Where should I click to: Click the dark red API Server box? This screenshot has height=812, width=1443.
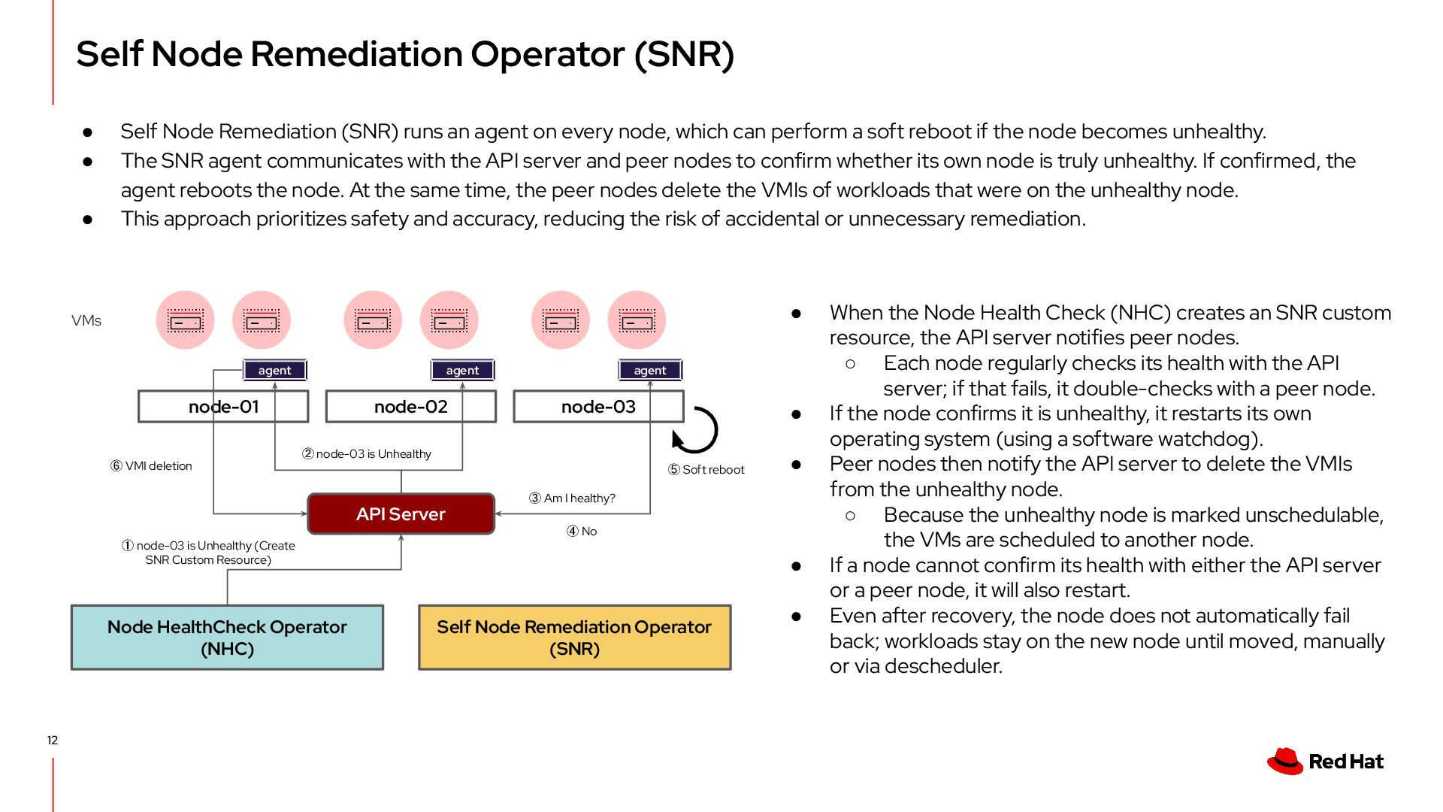[x=401, y=514]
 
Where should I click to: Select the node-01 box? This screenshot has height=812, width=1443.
[x=223, y=407]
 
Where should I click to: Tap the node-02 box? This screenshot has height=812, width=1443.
[x=410, y=407]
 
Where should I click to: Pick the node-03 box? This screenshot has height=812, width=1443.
[x=598, y=407]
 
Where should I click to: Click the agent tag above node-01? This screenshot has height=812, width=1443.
[x=274, y=370]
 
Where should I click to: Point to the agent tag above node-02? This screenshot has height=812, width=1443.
[x=462, y=370]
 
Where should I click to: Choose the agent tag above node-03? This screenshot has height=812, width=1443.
[x=650, y=370]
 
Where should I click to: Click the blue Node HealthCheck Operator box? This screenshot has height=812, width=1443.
[x=227, y=638]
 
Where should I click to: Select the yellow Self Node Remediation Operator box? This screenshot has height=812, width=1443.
[x=574, y=638]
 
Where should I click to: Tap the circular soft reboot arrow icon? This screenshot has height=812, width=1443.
[x=695, y=430]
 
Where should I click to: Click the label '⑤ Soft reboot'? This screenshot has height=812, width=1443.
[x=706, y=470]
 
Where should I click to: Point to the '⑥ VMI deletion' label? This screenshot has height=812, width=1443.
[x=151, y=466]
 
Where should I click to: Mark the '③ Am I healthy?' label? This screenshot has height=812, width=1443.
[x=572, y=498]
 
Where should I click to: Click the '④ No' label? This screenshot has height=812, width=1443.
[x=582, y=532]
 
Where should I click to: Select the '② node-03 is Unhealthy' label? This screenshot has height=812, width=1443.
[x=367, y=454]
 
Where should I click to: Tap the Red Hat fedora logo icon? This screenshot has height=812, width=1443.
[x=1285, y=761]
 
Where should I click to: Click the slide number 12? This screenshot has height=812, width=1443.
[x=53, y=741]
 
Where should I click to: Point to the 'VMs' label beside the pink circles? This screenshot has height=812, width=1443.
[x=86, y=321]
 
